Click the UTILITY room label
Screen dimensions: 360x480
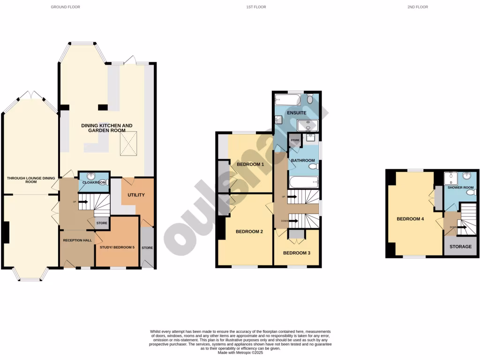click(136, 195)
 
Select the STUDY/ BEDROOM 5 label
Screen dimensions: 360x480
click(117, 247)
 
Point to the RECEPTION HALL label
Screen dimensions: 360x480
click(76, 239)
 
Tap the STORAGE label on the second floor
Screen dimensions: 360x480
click(460, 247)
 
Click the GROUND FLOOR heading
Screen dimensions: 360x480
click(66, 7)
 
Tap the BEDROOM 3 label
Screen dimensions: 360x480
click(296, 253)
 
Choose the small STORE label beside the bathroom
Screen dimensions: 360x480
click(295, 140)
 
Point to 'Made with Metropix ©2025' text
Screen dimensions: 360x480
click(240, 352)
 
